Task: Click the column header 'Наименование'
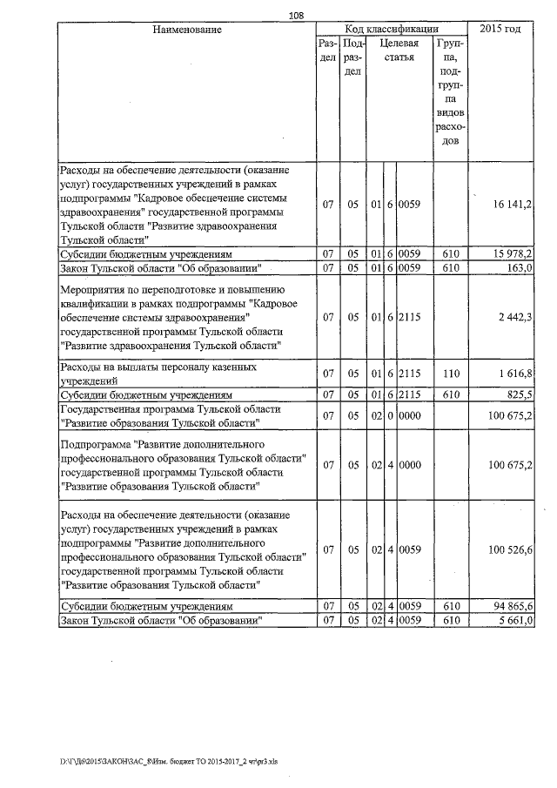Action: (x=186, y=30)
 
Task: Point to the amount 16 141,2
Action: (x=512, y=204)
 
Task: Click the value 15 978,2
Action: (x=512, y=254)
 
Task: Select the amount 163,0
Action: (x=520, y=267)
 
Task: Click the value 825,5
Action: (x=520, y=394)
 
